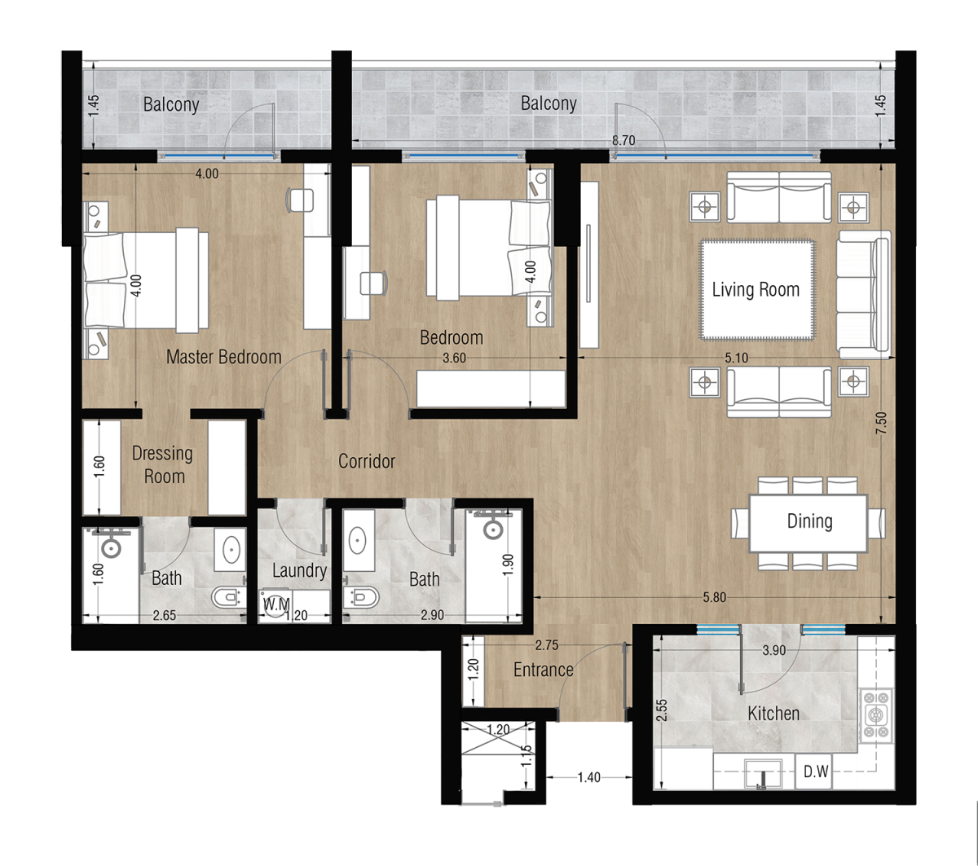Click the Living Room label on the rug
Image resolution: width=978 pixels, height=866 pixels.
[756, 289]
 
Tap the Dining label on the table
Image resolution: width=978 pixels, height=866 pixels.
[809, 521]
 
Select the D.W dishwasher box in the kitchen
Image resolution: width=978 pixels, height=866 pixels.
[815, 771]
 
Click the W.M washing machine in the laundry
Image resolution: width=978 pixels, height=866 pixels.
[276, 604]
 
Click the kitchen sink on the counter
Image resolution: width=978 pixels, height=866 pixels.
[763, 773]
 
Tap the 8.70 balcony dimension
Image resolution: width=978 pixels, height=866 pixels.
[623, 140]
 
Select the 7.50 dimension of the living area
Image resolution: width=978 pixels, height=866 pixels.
[881, 423]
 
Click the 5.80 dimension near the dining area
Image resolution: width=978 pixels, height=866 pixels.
[714, 597]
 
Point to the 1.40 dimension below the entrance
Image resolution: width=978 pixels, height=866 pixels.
[589, 777]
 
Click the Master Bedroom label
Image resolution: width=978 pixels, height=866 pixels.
[223, 357]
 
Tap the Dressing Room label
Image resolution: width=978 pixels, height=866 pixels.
[163, 464]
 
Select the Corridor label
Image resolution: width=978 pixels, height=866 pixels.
[367, 461]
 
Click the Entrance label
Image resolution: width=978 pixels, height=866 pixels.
[543, 670]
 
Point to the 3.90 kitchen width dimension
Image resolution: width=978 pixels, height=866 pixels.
[773, 650]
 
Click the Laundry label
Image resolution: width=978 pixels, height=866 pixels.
[299, 571]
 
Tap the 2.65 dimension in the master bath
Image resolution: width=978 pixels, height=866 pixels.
[164, 615]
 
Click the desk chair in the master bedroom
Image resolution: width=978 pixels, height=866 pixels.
[300, 200]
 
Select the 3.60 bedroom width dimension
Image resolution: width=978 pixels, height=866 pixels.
[454, 358]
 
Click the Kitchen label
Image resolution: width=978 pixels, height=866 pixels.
[773, 714]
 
